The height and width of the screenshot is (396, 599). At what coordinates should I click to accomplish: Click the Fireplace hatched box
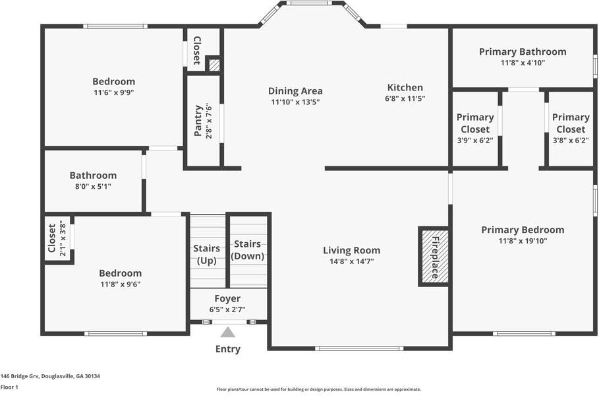coord(435,256)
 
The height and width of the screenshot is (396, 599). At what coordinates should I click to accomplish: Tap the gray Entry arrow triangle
coord(228,332)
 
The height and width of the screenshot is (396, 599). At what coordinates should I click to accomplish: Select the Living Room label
coord(351,250)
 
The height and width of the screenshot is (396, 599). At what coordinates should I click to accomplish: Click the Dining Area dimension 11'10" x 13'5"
coord(295,102)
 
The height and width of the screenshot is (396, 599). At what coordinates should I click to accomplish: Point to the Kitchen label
coord(405,87)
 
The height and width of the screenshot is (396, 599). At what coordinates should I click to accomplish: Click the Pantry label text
coord(198,121)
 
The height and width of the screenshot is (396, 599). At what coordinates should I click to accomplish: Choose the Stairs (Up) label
coord(207,255)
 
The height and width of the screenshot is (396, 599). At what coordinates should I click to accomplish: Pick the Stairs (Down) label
coord(248,250)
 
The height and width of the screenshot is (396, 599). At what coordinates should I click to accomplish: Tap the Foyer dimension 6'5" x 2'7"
coord(227,310)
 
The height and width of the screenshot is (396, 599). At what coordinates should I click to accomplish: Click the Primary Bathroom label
coord(523,51)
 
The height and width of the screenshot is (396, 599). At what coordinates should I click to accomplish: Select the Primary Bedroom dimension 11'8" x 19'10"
coord(523,241)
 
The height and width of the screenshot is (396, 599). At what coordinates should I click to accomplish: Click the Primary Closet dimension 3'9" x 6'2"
coord(475,141)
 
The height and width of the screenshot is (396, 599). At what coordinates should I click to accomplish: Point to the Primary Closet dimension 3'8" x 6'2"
coord(571,141)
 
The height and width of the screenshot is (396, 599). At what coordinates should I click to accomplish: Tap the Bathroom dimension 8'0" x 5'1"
coord(93,187)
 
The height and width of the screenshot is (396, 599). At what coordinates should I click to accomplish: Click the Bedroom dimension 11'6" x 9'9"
coord(114,92)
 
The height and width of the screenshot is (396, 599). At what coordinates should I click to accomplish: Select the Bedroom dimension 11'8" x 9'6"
coord(121,284)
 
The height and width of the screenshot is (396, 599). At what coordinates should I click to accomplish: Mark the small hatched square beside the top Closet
coord(214,65)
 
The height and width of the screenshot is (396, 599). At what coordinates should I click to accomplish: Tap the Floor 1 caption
coord(9,387)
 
